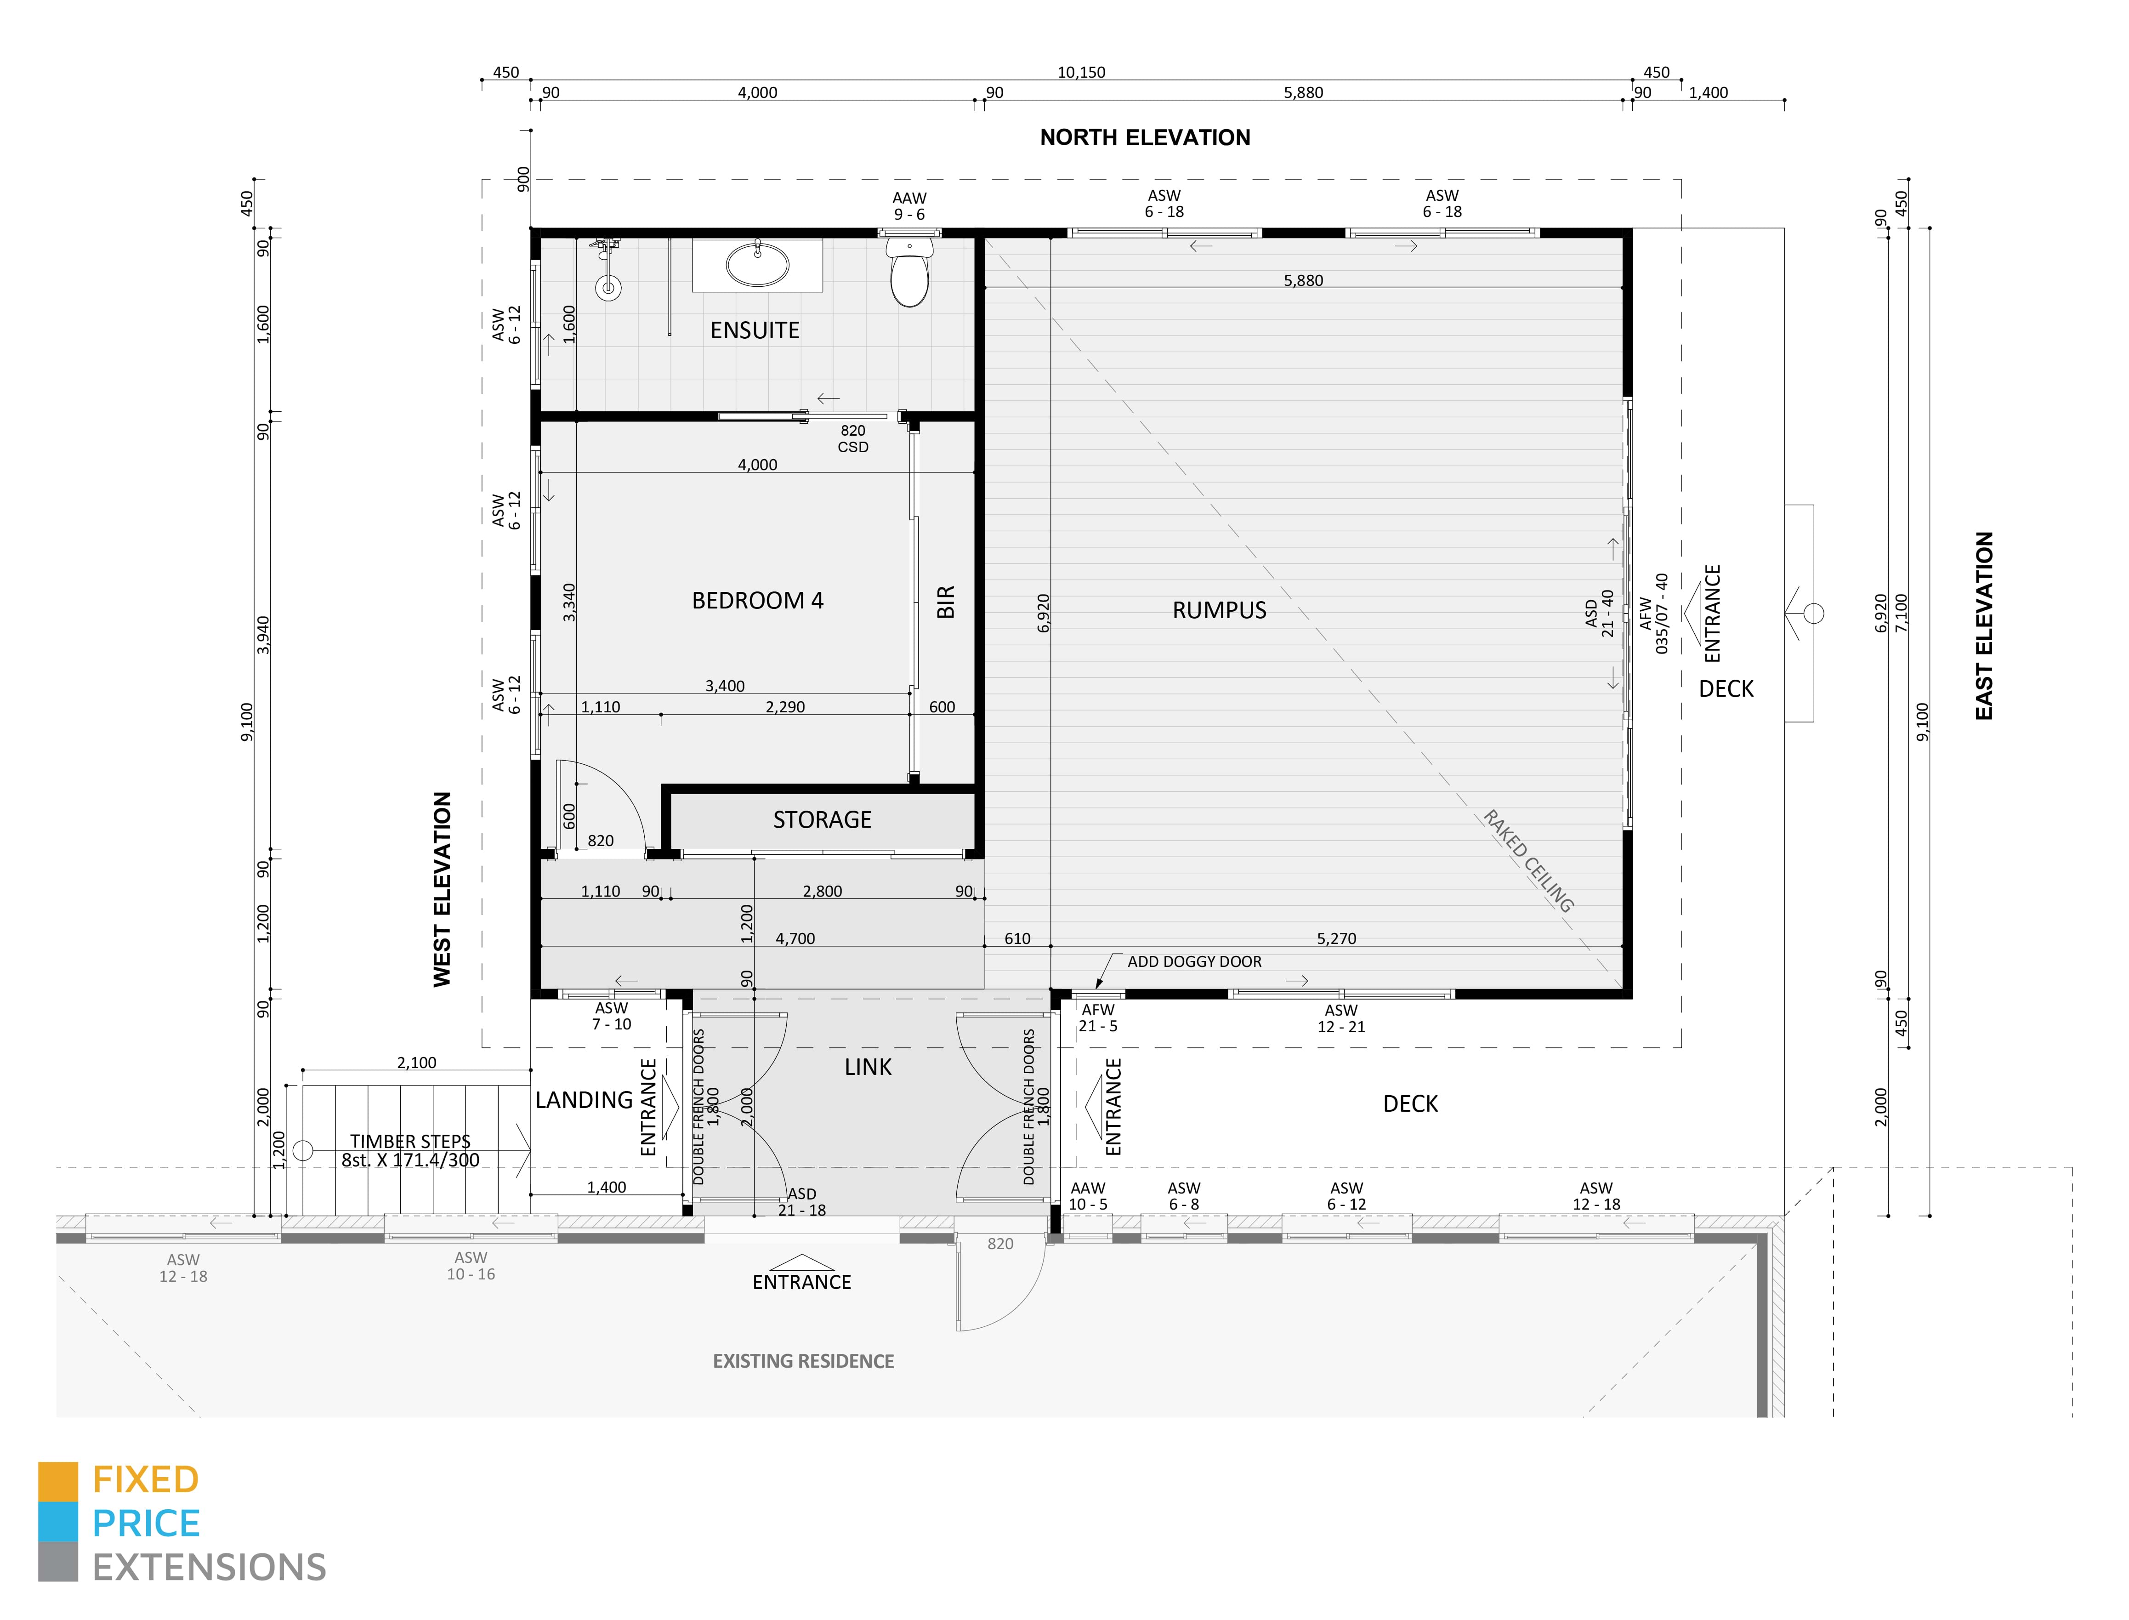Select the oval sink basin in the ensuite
(x=757, y=265)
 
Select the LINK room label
(x=868, y=1068)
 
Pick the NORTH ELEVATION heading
(x=1145, y=138)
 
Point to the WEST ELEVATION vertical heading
(x=442, y=889)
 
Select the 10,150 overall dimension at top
(x=1081, y=72)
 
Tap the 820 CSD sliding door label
(x=852, y=439)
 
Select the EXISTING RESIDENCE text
(x=803, y=1362)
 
